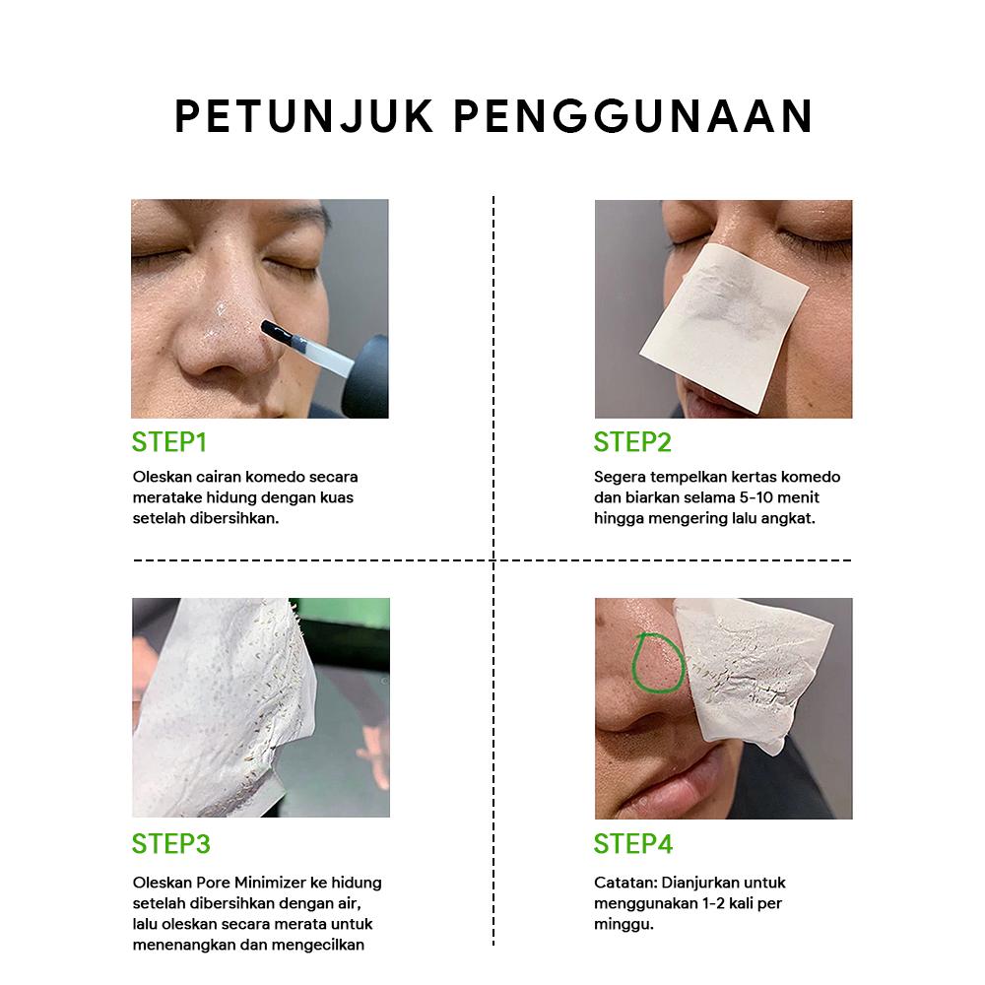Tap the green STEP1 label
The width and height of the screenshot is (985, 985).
click(169, 442)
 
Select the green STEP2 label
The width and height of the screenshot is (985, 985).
click(632, 442)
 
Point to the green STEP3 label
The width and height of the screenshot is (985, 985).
click(170, 844)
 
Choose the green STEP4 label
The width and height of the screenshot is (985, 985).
click(632, 844)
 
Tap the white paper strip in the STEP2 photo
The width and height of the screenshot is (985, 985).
click(724, 305)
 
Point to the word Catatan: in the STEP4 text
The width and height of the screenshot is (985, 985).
click(625, 883)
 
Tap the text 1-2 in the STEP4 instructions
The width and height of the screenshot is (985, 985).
click(709, 903)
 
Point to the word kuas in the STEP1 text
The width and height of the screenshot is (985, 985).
click(337, 497)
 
